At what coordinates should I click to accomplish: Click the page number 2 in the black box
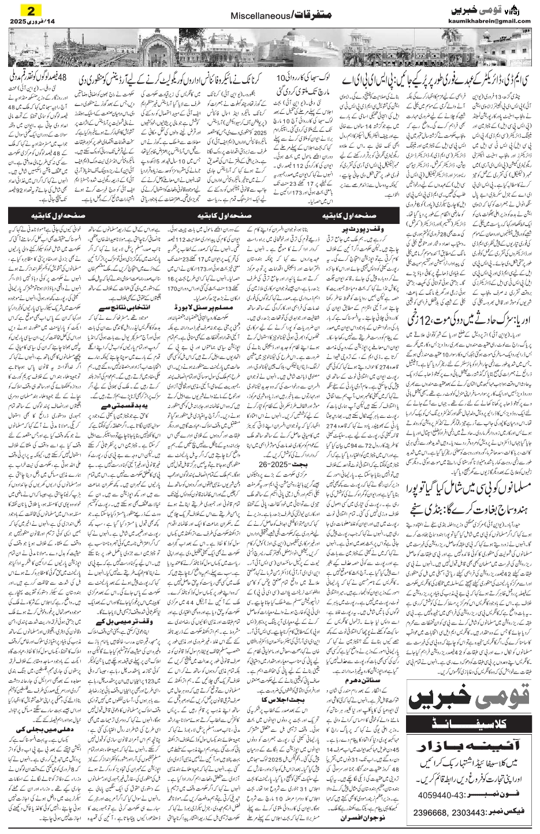point(32,10)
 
